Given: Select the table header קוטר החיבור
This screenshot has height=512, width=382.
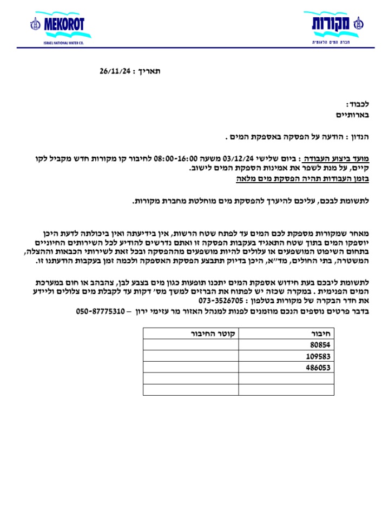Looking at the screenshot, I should click(x=214, y=334).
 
